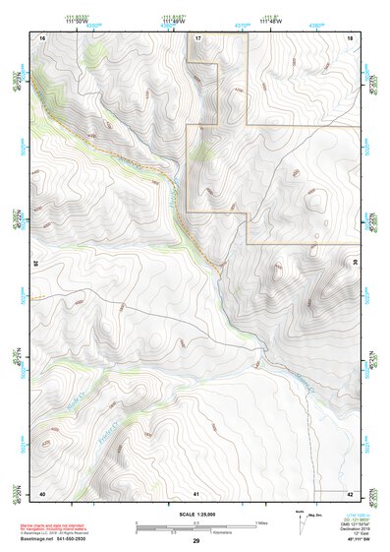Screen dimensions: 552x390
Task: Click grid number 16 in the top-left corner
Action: pyautogui.click(x=42, y=36)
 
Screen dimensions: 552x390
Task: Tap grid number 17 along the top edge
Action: pyautogui.click(x=197, y=36)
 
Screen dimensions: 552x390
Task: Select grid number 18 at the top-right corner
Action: pyautogui.click(x=350, y=36)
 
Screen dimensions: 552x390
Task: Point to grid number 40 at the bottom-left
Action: pyautogui.click(x=42, y=492)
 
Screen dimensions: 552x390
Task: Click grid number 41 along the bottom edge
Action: pyautogui.click(x=196, y=492)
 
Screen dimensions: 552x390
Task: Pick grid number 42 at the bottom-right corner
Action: pyautogui.click(x=350, y=492)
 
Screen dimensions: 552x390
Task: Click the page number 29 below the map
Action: pyautogui.click(x=196, y=541)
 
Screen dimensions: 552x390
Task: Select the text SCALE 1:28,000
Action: pyautogui.click(x=196, y=515)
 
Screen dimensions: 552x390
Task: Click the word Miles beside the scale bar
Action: pyautogui.click(x=263, y=521)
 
